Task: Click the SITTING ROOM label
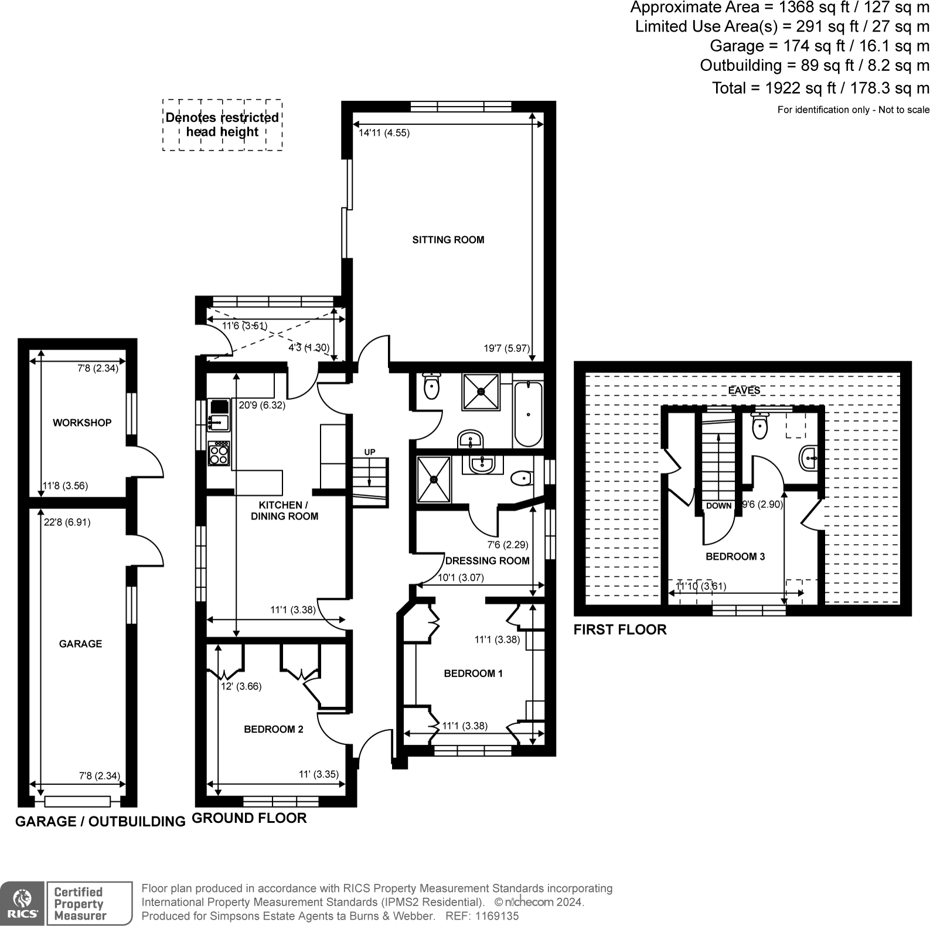[x=448, y=240]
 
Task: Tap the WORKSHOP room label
[x=82, y=423]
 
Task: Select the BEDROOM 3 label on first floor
[x=735, y=556]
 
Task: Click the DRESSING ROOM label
[x=487, y=561]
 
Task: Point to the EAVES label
[x=744, y=390]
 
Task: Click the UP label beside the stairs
[x=369, y=452]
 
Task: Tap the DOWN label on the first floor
[x=718, y=505]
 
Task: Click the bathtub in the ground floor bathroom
[x=528, y=414]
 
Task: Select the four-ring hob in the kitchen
[x=220, y=453]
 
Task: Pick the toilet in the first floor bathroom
[x=759, y=426]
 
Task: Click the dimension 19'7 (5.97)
[x=506, y=348]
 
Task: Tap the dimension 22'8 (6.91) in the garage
[x=67, y=522]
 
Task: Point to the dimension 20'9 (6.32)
[x=262, y=405]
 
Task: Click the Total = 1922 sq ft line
[x=820, y=88]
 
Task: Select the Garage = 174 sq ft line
[x=819, y=46]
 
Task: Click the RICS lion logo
[x=22, y=903]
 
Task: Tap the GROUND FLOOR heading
[x=249, y=818]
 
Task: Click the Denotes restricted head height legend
[x=222, y=125]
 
